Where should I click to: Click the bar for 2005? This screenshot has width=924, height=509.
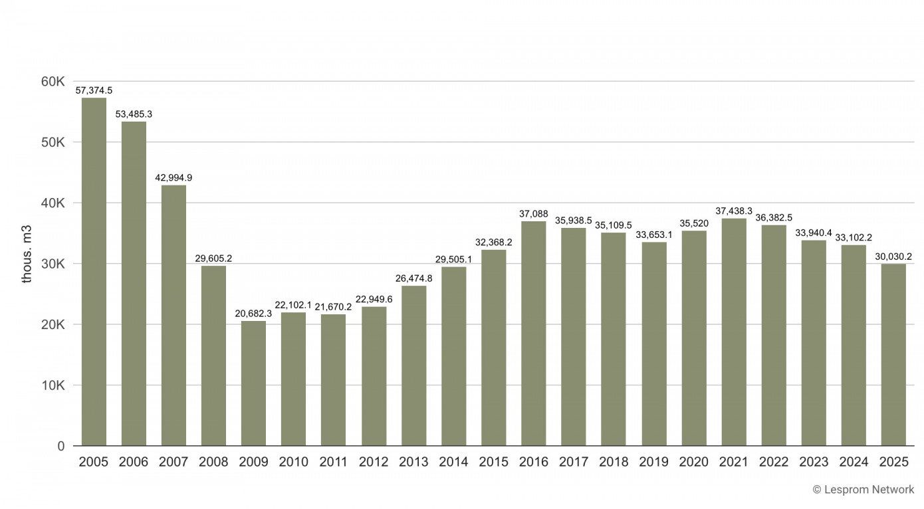click(x=94, y=272)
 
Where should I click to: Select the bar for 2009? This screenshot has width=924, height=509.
click(x=253, y=383)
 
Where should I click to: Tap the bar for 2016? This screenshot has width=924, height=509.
click(x=533, y=334)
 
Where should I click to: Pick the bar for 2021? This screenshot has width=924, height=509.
click(x=733, y=332)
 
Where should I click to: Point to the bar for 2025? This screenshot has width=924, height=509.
click(x=893, y=355)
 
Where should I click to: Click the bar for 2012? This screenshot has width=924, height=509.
click(x=374, y=376)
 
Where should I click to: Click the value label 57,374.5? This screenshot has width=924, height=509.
click(x=94, y=90)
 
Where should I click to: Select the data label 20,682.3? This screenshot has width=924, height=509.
click(x=253, y=313)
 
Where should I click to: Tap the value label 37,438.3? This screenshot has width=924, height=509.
click(x=733, y=211)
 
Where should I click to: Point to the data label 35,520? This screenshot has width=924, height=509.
click(x=693, y=223)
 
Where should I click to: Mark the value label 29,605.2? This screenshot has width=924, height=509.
click(x=213, y=258)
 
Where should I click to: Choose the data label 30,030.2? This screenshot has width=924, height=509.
click(x=893, y=256)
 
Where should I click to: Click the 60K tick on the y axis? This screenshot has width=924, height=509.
click(x=52, y=82)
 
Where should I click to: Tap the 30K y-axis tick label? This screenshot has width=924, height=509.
click(x=52, y=264)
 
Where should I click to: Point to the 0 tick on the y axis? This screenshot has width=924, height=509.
click(x=60, y=446)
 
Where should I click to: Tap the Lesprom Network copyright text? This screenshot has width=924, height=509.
click(x=863, y=490)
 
